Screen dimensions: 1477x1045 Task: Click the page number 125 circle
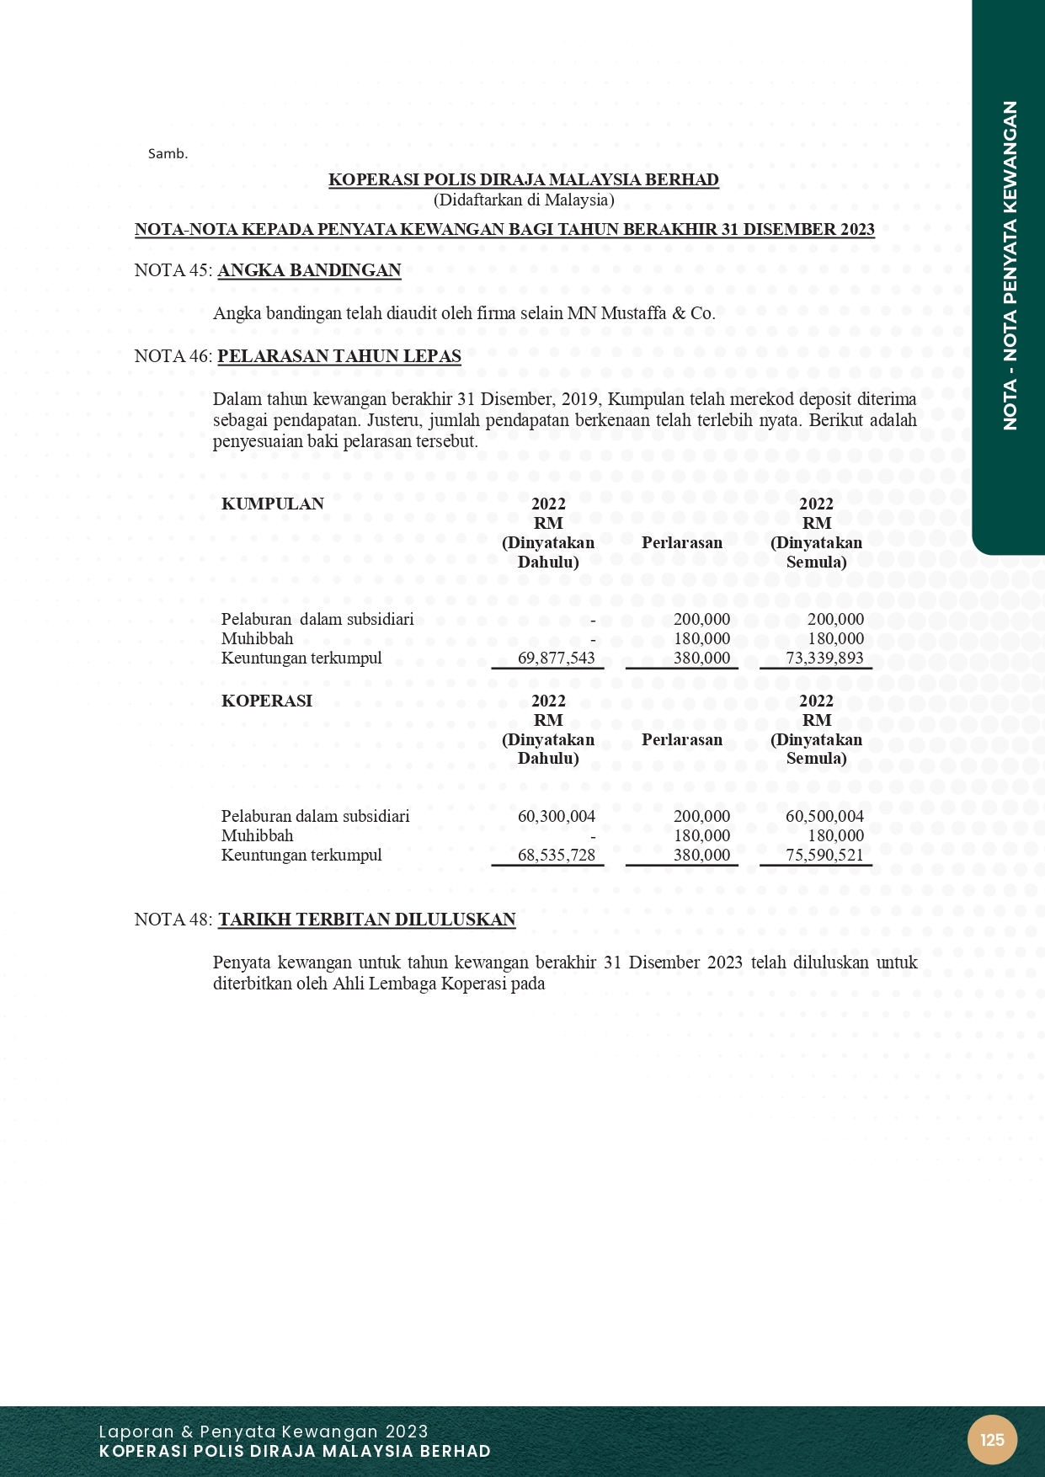992,1440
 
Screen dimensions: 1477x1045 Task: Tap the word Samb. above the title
168,154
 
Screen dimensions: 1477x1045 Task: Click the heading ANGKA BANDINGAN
309,270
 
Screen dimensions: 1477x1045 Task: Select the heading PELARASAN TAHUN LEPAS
339,356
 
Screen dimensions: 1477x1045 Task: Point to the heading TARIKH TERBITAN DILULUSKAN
367,920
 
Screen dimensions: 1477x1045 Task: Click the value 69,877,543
556,659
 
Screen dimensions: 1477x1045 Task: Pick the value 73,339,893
824,659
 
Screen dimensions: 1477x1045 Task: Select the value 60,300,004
556,816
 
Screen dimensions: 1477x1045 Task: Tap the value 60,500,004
824,816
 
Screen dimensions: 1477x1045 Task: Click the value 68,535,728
556,856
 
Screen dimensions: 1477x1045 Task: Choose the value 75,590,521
824,856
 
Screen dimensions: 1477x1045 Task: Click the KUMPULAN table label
272,504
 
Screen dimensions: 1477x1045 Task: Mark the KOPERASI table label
266,701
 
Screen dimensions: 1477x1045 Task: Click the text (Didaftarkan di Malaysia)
524,200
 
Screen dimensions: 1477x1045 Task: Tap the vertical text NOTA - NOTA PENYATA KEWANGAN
1010,265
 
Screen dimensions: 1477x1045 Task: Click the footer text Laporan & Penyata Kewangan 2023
264,1432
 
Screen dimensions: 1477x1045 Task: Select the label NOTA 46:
173,356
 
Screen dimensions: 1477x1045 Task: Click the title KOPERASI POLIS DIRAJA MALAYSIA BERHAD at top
524,180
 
